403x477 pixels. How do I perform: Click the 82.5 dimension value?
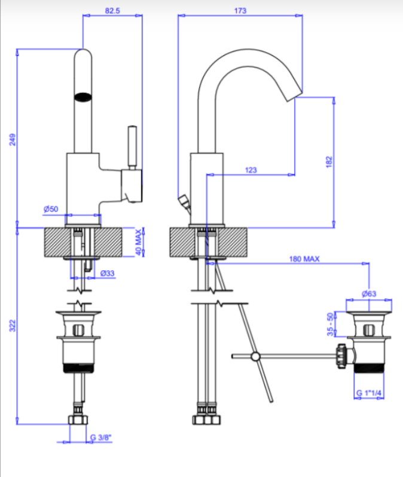[x=112, y=11]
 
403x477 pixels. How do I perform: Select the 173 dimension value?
[x=240, y=11]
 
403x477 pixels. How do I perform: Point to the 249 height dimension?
[x=13, y=139]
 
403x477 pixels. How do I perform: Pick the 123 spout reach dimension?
[x=251, y=170]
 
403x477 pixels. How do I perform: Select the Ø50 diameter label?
[x=51, y=209]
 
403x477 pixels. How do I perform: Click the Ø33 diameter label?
[x=108, y=273]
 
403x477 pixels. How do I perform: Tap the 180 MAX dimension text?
[x=305, y=259]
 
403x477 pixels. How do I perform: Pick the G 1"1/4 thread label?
[x=369, y=393]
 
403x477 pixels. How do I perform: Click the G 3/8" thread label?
[x=101, y=438]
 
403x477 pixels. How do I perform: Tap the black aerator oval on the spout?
[x=83, y=96]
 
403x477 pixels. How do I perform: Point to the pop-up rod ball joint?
[x=256, y=357]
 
